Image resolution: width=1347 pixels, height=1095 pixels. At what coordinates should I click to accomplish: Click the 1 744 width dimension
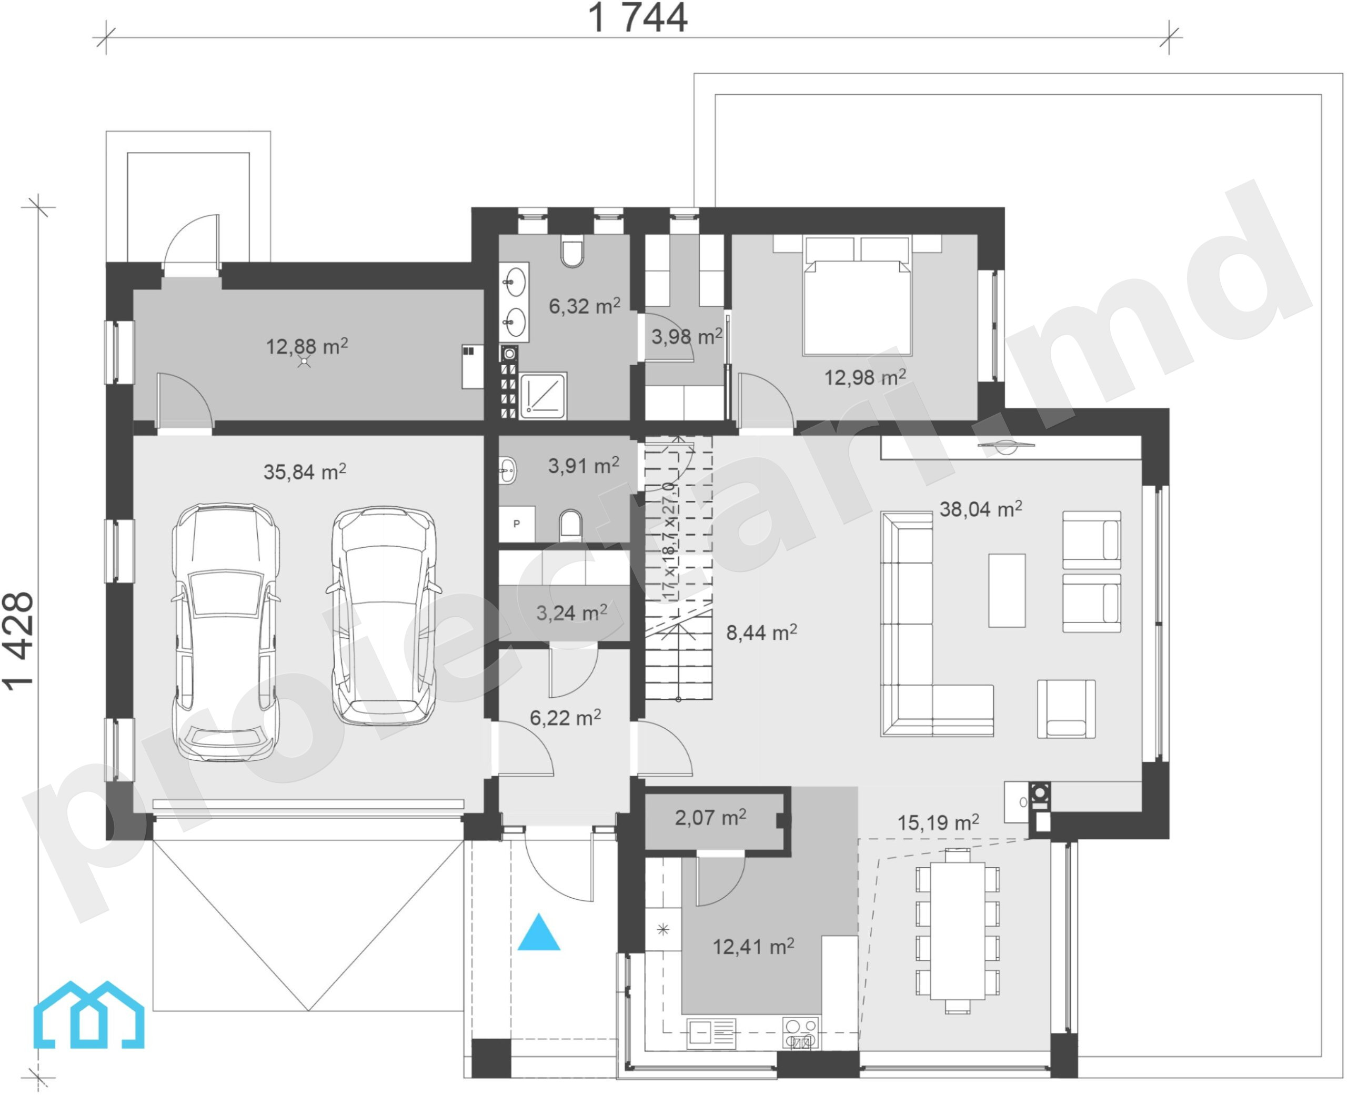point(638,18)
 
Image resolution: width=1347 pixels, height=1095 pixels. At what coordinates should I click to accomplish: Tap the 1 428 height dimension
point(18,641)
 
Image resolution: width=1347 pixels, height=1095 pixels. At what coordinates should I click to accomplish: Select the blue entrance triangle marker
point(539,932)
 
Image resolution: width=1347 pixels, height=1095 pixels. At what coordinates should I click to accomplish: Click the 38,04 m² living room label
point(981,508)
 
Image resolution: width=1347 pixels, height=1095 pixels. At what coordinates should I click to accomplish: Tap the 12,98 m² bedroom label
point(865,377)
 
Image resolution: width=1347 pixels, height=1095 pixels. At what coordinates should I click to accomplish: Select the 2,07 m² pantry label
point(711,818)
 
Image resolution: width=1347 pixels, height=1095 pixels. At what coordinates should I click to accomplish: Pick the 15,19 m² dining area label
point(938,822)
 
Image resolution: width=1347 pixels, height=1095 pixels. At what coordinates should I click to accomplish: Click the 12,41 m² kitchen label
point(753,946)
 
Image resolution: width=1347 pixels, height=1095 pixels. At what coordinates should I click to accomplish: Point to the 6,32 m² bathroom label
point(585,306)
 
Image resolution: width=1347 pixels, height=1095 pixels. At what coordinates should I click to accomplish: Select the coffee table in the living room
point(1007,590)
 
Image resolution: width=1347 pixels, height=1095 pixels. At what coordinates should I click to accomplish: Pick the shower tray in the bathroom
point(542,396)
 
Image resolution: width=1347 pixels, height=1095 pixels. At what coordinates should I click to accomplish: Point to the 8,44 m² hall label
point(761,632)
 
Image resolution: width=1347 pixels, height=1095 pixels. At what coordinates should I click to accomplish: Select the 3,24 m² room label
point(571,612)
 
